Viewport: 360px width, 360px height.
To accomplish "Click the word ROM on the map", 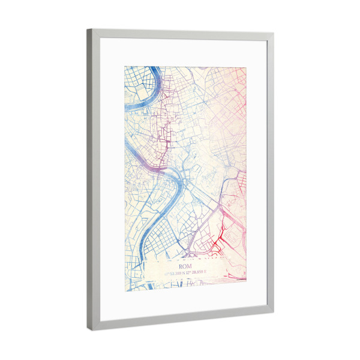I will click(x=185, y=265).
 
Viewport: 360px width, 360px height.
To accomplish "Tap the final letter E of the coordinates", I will click(x=206, y=272).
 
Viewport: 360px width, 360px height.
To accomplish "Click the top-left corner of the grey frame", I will click(x=88, y=29).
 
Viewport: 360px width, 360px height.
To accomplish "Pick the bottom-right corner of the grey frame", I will click(x=273, y=312).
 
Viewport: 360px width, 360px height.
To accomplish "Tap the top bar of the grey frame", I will click(x=180, y=34).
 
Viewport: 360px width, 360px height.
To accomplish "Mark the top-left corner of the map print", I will click(x=125, y=65).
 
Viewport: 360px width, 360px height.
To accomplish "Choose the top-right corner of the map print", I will click(x=246, y=66).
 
